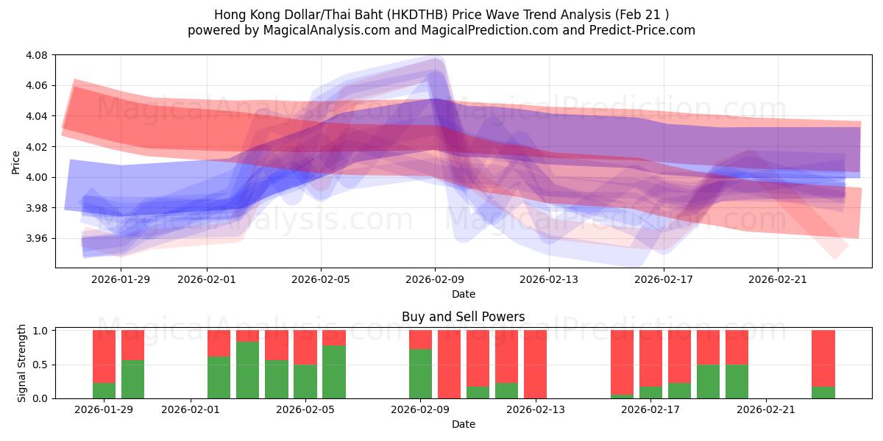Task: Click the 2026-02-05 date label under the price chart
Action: tap(321, 279)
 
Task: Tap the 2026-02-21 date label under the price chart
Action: tap(778, 279)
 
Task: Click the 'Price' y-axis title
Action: tap(16, 162)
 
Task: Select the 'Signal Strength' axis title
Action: tap(22, 363)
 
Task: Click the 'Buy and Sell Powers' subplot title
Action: tap(463, 318)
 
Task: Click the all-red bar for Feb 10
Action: tap(449, 364)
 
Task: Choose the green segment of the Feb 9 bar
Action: tap(420, 373)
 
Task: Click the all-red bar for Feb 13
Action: tap(535, 364)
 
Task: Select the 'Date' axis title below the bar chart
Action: tap(463, 424)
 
